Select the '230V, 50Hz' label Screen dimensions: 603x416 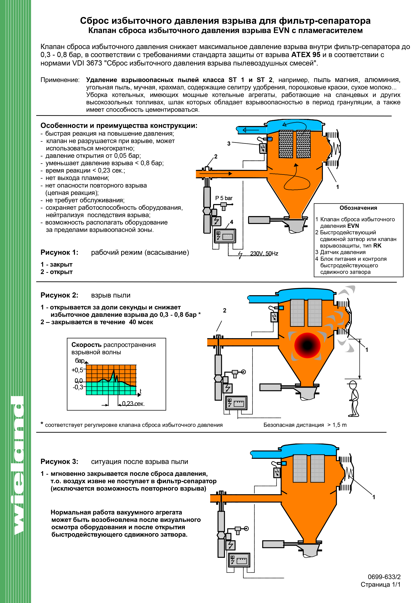click(264, 254)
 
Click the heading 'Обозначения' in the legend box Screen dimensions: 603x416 click(358, 208)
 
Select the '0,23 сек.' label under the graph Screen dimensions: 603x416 click(133, 404)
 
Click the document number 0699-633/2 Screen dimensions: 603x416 click(384, 577)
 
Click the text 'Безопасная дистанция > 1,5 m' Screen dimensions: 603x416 click(305, 425)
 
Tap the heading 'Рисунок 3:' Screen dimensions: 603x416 click(59, 462)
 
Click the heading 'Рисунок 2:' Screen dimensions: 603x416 click(59, 295)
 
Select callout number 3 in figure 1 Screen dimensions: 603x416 click(229, 144)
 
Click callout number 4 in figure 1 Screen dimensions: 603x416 click(231, 222)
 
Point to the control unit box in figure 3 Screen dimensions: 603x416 click(239, 560)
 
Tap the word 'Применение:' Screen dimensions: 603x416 click(60, 80)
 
